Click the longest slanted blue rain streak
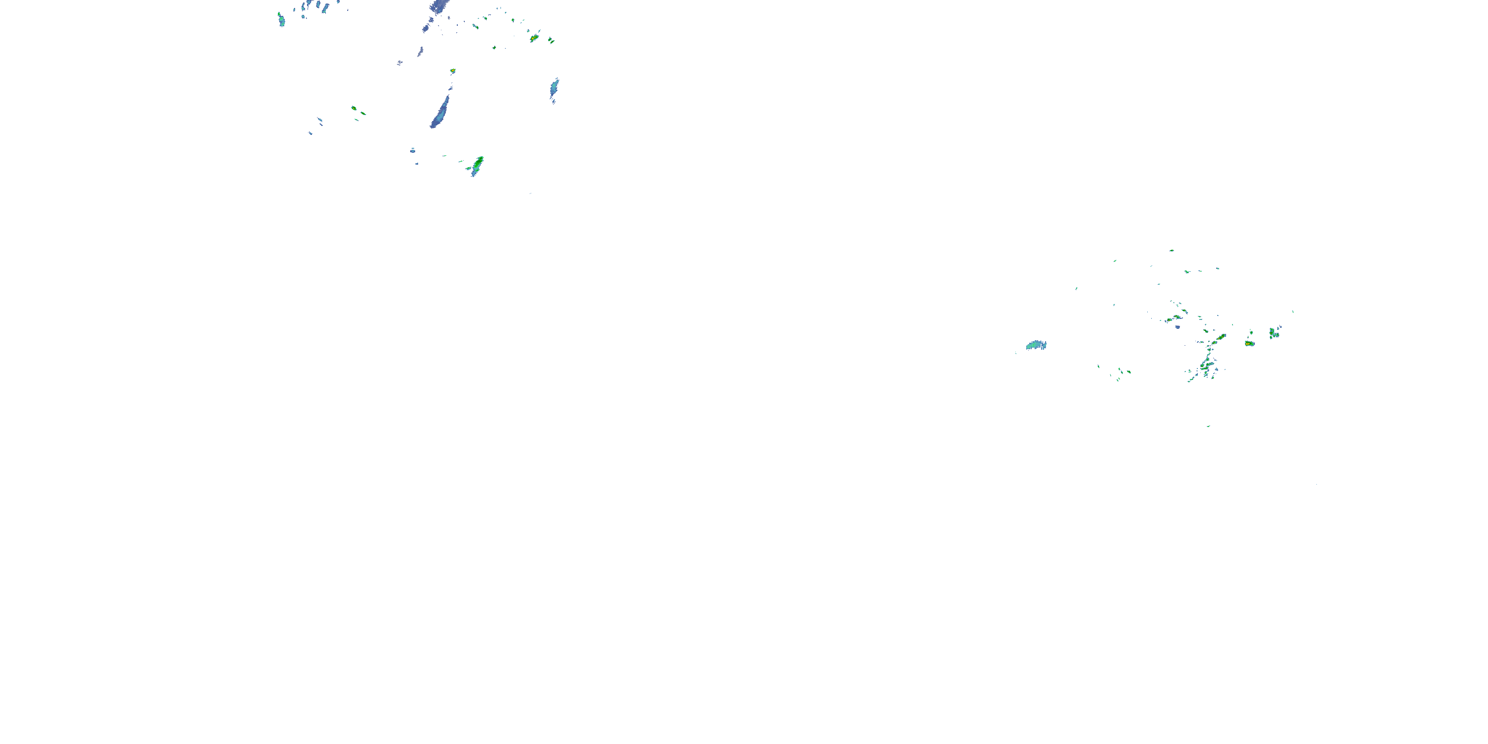[440, 112]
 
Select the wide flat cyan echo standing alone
[1036, 345]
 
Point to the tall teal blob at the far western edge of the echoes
[281, 20]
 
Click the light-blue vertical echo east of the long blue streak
[554, 88]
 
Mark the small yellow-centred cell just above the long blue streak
[453, 71]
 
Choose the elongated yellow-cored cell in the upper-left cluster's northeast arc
[534, 38]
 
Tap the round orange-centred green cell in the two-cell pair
[354, 108]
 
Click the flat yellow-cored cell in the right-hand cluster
[1249, 344]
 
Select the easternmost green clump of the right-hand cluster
[1273, 333]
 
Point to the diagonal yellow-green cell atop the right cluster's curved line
[1221, 336]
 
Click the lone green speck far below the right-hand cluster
[1208, 426]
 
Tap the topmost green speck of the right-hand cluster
[1172, 250]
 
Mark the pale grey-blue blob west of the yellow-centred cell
[400, 62]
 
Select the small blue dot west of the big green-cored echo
[413, 150]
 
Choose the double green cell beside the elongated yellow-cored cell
[551, 41]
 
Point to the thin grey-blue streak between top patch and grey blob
[420, 52]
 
